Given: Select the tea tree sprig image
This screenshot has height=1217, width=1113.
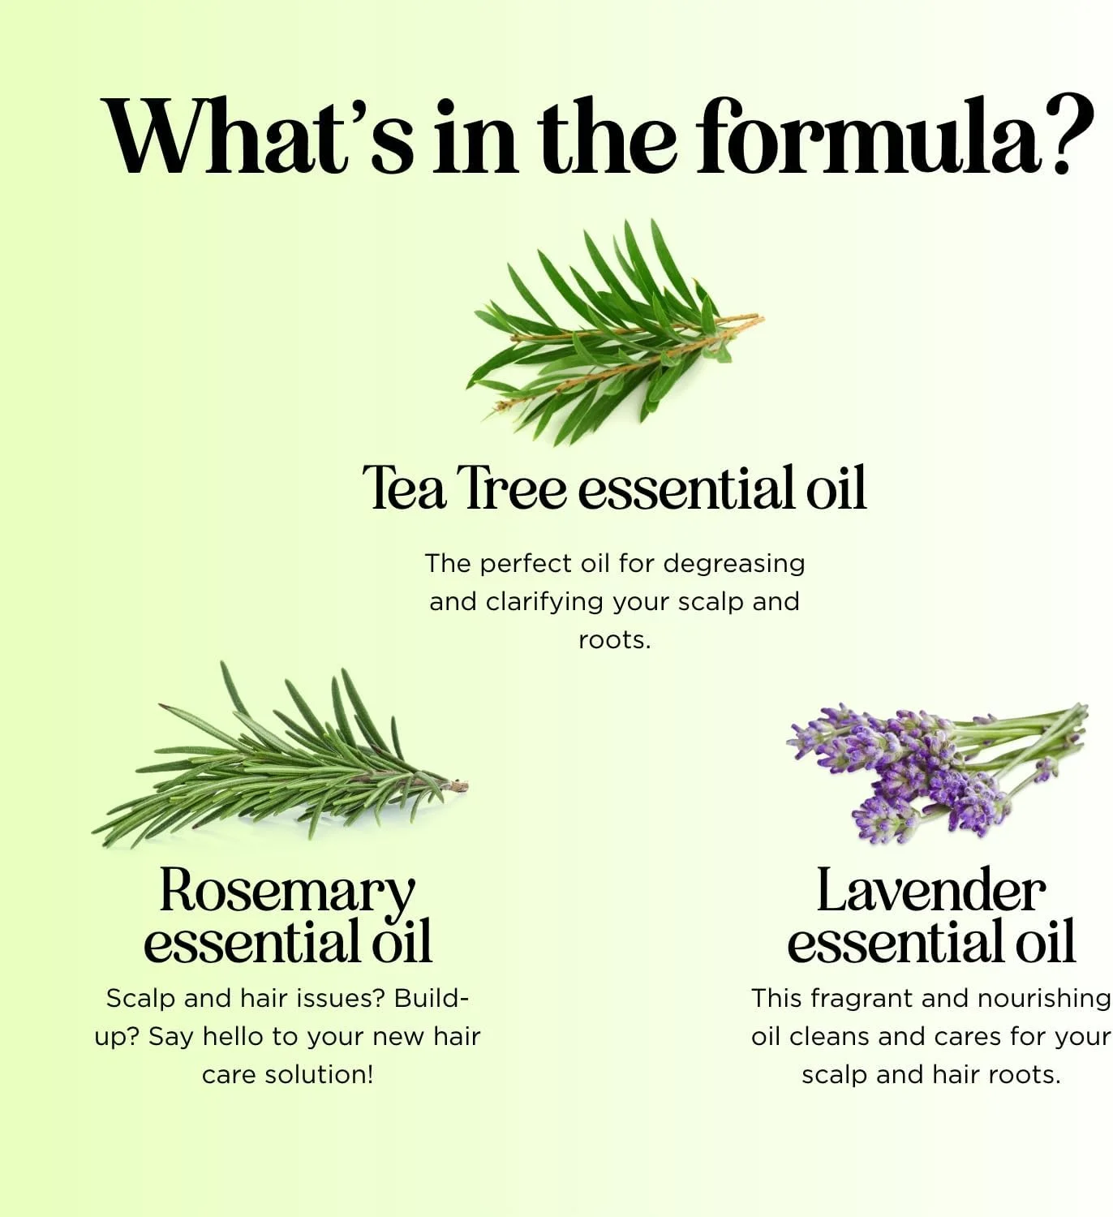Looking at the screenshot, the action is [x=614, y=332].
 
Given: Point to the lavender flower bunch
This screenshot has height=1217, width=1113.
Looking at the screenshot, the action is [x=937, y=772].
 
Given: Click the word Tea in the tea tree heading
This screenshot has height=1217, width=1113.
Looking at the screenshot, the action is [x=403, y=488].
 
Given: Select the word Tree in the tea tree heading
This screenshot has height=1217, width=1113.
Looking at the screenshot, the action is [x=515, y=488].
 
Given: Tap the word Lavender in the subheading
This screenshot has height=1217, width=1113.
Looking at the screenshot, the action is [x=931, y=890].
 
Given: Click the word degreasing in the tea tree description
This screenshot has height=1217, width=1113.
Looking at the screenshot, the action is [x=733, y=564].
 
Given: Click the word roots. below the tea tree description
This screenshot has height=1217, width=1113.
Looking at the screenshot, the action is [x=614, y=641].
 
